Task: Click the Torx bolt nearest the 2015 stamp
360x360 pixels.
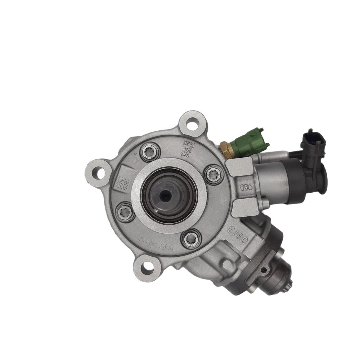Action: coord(149,152)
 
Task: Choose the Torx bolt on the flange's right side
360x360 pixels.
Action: coord(214,175)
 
